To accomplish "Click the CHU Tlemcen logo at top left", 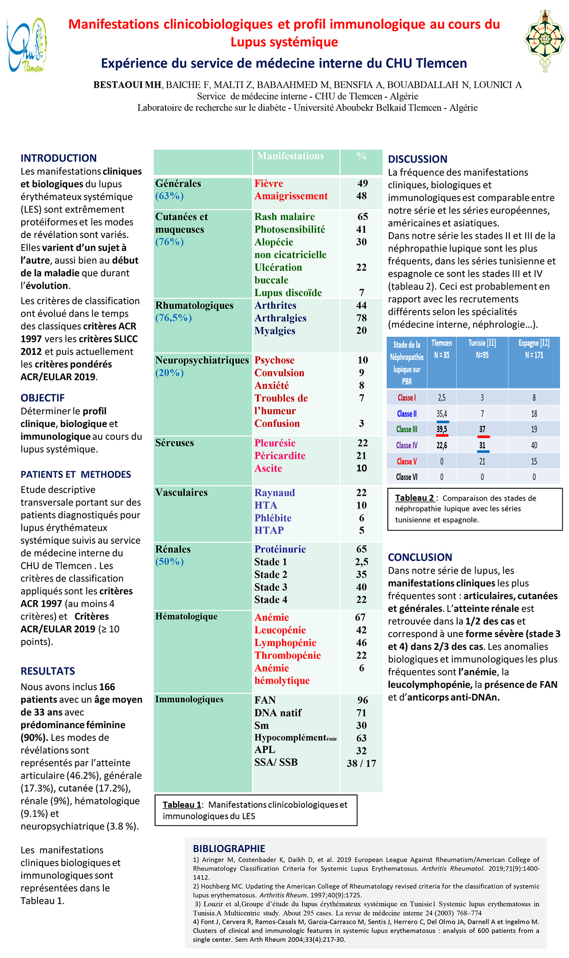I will pyautogui.click(x=27, y=45).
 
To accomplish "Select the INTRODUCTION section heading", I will pyautogui.click(x=58, y=158).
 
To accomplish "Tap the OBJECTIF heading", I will pyautogui.click(x=42, y=398).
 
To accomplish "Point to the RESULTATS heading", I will pyautogui.click(x=47, y=671).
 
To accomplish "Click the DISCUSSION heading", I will pyautogui.click(x=417, y=159).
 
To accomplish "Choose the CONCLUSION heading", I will pyautogui.click(x=420, y=557).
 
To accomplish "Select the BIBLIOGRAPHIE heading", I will pyautogui.click(x=229, y=849).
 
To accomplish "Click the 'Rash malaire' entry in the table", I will pyautogui.click(x=284, y=217).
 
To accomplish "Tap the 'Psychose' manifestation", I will pyautogui.click(x=274, y=360).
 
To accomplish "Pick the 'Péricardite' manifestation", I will pyautogui.click(x=280, y=456).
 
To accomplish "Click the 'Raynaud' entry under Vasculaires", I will pyautogui.click(x=275, y=493).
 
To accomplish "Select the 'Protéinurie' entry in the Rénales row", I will pyautogui.click(x=280, y=549).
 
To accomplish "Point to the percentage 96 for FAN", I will pyautogui.click(x=362, y=700).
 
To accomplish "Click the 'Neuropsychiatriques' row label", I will pyautogui.click(x=202, y=360).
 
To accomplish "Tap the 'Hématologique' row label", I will pyautogui.click(x=186, y=616).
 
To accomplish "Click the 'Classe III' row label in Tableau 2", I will pyautogui.click(x=406, y=429).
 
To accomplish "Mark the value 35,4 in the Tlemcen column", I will pyautogui.click(x=441, y=414).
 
